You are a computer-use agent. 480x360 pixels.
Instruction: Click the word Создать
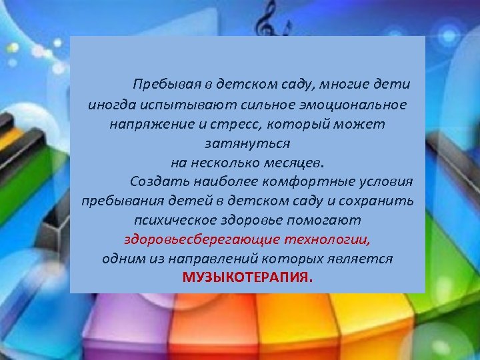[x=155, y=181]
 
